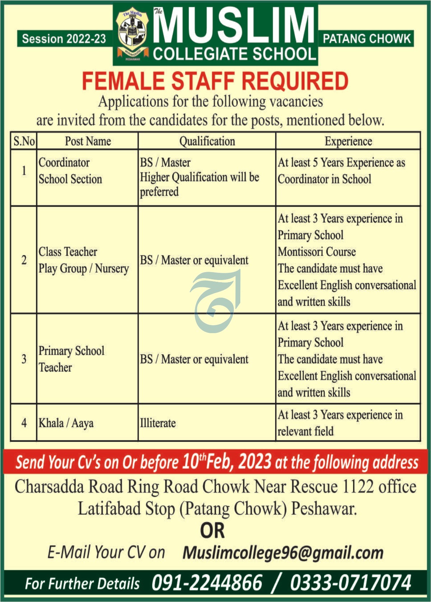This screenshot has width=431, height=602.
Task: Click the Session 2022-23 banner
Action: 64,39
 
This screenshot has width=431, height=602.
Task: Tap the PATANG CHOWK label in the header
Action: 366,39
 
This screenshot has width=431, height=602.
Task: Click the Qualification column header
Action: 207,141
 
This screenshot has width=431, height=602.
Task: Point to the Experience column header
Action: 348,141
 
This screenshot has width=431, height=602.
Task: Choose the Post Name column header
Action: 88,141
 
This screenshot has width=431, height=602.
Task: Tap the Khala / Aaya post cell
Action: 66,423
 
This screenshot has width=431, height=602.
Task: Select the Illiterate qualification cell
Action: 158,423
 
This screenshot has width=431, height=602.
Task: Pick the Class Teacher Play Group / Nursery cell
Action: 83,260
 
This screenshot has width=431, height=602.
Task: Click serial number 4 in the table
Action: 24,423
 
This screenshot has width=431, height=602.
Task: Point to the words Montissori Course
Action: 316,252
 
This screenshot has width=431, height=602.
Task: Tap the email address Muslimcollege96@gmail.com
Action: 283,553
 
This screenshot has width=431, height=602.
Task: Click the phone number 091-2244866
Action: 207,582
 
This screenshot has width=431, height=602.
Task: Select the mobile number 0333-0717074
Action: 351,582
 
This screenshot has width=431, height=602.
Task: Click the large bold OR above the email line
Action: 212,531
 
